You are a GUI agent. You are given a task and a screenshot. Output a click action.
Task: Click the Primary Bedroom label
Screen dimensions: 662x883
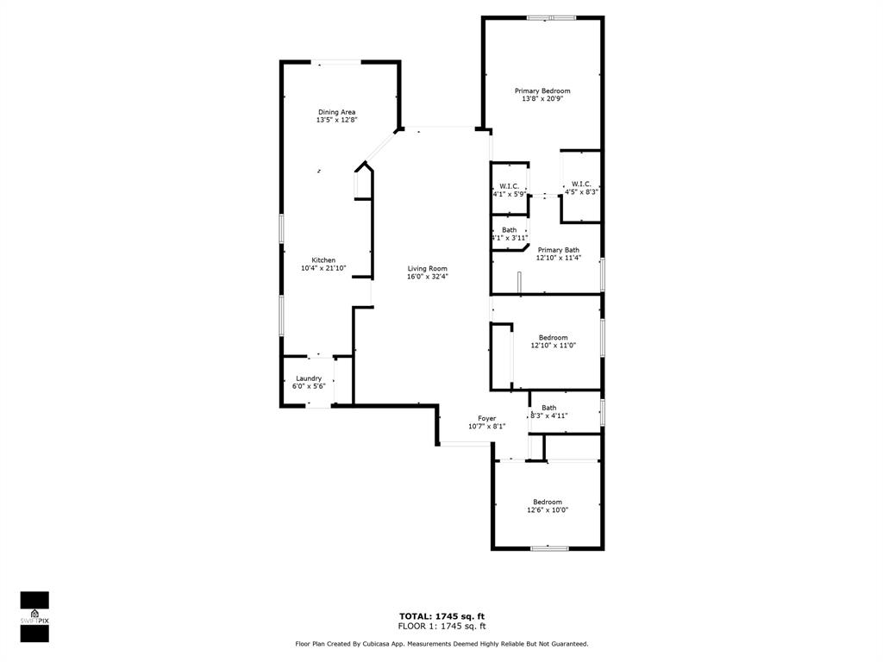click(x=542, y=91)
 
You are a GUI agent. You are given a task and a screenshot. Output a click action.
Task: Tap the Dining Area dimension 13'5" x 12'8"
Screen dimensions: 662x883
click(x=336, y=121)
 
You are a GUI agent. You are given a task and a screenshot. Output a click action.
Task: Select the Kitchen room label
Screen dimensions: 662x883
click(x=323, y=260)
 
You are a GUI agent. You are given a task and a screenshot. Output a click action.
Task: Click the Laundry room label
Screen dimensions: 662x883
click(x=309, y=378)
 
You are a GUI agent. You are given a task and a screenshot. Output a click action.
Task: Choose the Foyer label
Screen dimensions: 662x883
click(x=487, y=418)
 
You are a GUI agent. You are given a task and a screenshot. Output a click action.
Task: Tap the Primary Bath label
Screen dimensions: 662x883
click(x=558, y=250)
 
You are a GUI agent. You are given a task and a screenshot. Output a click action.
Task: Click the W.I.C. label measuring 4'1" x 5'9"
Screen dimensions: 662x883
click(x=509, y=186)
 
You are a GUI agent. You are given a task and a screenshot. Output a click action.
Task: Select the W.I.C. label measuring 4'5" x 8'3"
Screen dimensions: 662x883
click(x=581, y=184)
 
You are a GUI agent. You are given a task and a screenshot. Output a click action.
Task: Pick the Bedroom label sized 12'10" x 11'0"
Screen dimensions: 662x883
click(x=553, y=337)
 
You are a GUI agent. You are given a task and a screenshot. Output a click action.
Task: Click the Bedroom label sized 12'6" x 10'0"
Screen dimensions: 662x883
click(x=548, y=502)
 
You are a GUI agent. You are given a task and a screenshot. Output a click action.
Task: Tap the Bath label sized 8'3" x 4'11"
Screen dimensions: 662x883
click(x=549, y=408)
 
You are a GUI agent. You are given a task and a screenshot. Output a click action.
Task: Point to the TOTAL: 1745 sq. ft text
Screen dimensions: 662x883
click(x=441, y=615)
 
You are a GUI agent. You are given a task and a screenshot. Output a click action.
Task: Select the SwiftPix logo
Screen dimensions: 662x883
click(x=34, y=616)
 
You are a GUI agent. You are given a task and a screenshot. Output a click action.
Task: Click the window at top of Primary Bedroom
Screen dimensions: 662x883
click(x=552, y=17)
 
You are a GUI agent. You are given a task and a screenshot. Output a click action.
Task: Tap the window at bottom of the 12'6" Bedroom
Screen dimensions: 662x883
click(x=548, y=547)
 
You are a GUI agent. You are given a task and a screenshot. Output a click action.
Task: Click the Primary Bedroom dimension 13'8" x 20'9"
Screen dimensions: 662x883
click(x=542, y=99)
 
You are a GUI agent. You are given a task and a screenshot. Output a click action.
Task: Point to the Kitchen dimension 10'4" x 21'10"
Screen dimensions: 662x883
click(x=323, y=269)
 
